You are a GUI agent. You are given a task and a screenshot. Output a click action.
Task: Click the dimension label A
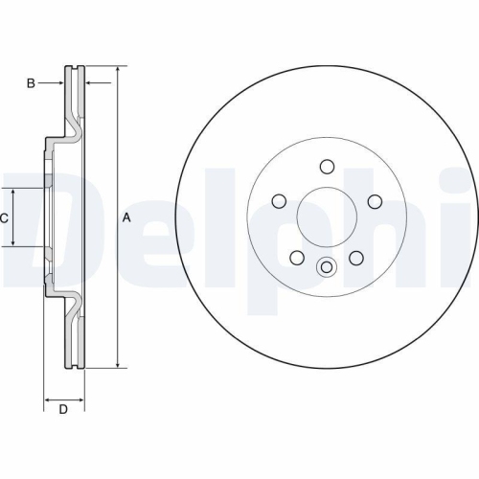126,218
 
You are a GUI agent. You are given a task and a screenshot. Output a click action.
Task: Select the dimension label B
31,84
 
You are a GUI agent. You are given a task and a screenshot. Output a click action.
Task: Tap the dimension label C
4,218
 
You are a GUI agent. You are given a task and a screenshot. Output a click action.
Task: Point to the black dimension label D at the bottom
63,411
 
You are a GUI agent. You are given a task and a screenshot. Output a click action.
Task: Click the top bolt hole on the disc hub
326,166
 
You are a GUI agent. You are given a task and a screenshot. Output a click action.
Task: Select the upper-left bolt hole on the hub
279,200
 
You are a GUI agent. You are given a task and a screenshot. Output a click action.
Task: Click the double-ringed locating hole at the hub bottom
326,267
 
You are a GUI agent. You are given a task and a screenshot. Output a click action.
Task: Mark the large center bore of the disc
326,216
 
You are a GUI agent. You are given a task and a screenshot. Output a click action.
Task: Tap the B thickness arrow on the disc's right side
92,84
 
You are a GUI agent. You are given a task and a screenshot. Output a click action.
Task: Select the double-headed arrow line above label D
63,397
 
